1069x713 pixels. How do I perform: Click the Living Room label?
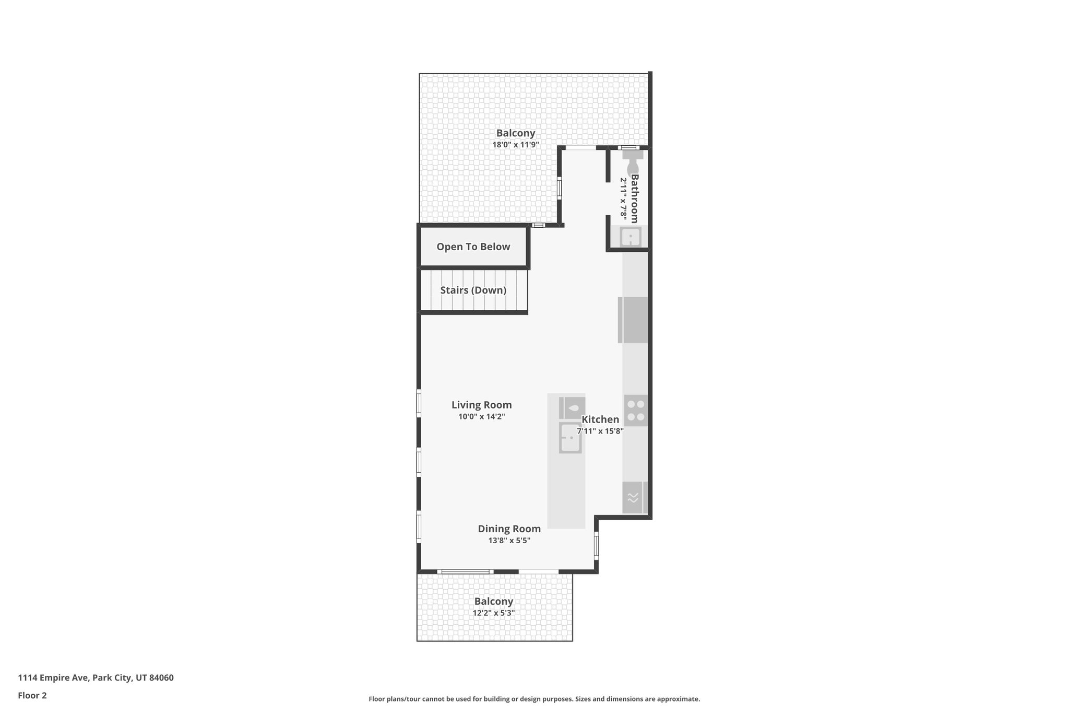tap(481, 405)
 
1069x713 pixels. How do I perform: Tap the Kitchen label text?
tap(600, 419)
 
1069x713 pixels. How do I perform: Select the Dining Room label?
tap(509, 529)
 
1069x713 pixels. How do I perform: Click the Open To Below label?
tap(473, 247)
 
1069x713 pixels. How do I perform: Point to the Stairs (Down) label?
tap(473, 290)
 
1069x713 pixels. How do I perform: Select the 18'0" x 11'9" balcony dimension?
tap(515, 145)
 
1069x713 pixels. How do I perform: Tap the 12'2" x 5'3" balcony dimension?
tap(493, 613)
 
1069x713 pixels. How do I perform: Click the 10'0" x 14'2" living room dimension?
tap(481, 416)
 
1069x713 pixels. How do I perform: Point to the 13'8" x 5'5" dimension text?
tap(509, 541)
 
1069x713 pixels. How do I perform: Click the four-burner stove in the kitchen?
tap(636, 411)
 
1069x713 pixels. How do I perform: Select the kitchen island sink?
tap(570, 438)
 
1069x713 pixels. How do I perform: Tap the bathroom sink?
tap(631, 237)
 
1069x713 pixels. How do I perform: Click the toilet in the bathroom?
tap(632, 160)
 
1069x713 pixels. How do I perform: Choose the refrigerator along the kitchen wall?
tap(633, 320)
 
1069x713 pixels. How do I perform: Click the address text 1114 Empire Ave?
tap(96, 677)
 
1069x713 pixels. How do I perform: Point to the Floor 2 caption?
tap(32, 695)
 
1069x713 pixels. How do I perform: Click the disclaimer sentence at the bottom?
tap(534, 699)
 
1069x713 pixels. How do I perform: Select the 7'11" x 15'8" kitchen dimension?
tap(600, 431)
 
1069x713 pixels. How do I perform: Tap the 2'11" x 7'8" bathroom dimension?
tap(623, 198)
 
